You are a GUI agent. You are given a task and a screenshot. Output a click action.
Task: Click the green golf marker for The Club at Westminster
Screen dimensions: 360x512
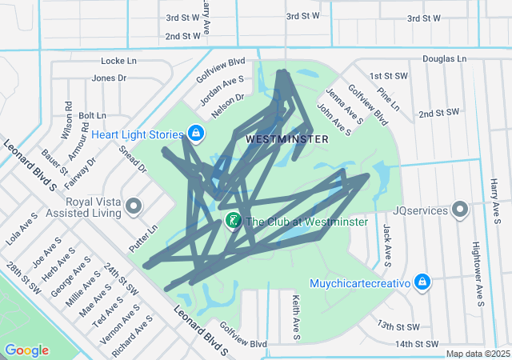[233, 220]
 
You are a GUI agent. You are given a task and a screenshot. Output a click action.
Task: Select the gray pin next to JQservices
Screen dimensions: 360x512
[460, 210]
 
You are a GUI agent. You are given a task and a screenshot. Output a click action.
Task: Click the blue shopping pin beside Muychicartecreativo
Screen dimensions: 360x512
[423, 282]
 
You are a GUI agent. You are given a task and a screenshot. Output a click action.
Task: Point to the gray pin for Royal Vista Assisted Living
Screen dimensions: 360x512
[134, 207]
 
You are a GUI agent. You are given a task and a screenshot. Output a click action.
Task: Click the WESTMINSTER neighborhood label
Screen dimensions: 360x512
[287, 139]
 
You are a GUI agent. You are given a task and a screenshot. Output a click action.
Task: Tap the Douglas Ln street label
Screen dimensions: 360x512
[444, 58]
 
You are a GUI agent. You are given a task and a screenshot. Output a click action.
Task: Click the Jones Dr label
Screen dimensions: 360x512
[110, 78]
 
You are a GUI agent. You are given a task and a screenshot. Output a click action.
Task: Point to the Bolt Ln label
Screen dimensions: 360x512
[92, 115]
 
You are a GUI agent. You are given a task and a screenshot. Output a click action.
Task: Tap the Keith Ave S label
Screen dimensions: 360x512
[296, 316]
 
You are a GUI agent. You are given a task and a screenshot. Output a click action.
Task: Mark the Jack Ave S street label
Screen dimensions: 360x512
[386, 244]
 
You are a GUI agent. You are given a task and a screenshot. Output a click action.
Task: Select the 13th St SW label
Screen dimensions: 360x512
[398, 326]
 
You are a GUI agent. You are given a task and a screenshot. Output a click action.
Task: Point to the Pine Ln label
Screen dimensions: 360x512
[389, 100]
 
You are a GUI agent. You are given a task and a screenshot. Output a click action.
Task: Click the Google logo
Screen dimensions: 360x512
[26, 350]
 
